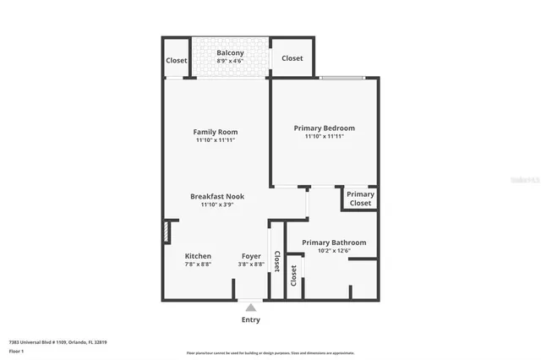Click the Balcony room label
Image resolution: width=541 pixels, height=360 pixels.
coord(230,52)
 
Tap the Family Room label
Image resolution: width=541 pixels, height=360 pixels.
coord(216,132)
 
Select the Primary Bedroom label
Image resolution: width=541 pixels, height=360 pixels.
coord(324,128)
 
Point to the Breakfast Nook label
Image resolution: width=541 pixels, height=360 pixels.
coord(216,196)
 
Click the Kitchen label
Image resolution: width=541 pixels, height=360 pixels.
coord(198,256)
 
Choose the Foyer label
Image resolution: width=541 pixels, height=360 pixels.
coord(251,256)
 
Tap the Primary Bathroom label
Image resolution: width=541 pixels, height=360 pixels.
coord(334,243)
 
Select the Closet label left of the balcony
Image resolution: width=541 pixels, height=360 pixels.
coord(177,61)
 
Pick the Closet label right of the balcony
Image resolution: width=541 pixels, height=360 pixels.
coord(292,58)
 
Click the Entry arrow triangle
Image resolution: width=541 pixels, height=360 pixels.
coord(251,308)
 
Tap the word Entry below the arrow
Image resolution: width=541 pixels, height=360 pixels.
coord(251,319)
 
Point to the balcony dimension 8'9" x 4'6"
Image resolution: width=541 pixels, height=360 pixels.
coord(230,61)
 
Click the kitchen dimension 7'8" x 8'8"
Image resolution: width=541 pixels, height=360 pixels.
coord(198,265)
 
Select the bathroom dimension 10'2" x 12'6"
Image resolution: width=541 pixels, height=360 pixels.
coord(334,251)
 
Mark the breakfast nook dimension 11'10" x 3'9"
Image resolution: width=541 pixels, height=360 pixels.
coord(216,205)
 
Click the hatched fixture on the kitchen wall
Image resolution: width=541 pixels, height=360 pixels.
coord(167,232)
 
